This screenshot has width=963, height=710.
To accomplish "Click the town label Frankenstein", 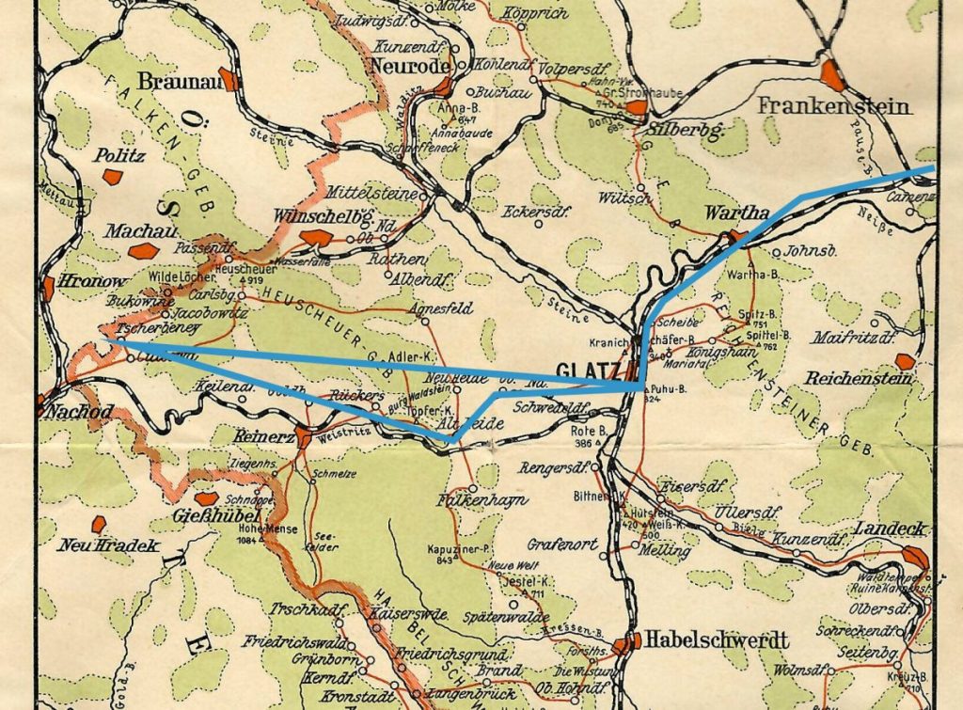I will coord(833,105).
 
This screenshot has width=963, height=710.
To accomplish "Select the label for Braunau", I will coord(177,80).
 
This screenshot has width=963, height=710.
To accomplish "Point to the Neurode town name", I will coord(404,66).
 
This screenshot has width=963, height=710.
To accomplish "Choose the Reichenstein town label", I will coord(859,379).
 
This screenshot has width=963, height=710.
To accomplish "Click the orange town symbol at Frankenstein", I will coord(832,74).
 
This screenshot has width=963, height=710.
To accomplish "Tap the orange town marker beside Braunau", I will coord(229,79).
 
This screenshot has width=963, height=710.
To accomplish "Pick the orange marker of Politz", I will coord(112,177).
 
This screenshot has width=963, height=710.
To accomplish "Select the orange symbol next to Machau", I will coord(143,251).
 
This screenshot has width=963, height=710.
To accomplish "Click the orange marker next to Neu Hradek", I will coord(98,524).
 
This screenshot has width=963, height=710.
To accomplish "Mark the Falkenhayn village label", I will coord(482,500).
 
